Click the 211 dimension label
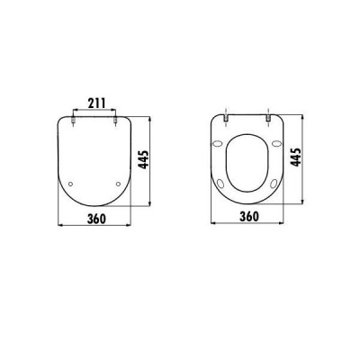coord(95,103)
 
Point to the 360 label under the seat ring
coord(251,216)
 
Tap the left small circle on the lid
coord(71,184)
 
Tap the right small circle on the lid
coord(120,184)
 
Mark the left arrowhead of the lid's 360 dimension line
coord(58,223)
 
